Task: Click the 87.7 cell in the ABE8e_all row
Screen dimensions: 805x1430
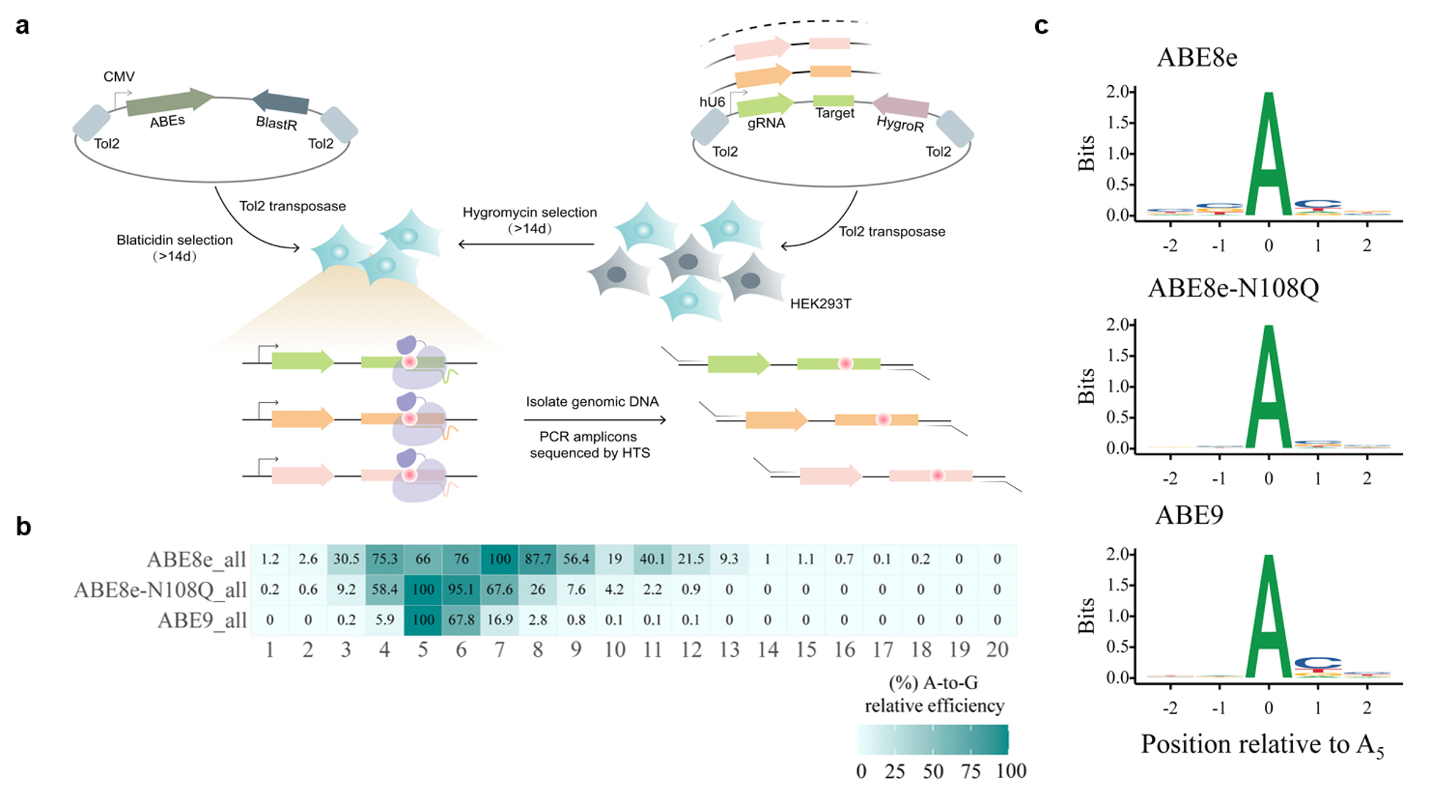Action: click(x=538, y=559)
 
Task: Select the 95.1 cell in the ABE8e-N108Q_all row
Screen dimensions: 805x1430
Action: click(x=461, y=590)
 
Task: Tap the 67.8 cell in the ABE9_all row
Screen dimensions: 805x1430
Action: click(x=461, y=620)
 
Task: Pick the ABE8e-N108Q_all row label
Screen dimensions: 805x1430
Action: click(x=160, y=590)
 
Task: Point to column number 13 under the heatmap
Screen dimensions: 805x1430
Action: click(x=729, y=650)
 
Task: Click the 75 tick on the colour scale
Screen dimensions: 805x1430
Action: click(x=970, y=771)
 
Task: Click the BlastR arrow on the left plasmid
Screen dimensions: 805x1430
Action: click(x=281, y=102)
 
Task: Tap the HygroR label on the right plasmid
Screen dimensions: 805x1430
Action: click(x=900, y=125)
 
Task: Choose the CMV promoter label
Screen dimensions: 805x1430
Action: click(x=119, y=77)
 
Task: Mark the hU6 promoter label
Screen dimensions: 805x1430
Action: click(x=712, y=102)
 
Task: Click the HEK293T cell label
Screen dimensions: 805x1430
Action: click(x=820, y=304)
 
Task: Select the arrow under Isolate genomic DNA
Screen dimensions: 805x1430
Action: click(x=595, y=420)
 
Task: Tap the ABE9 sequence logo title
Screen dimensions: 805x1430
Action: click(x=1189, y=515)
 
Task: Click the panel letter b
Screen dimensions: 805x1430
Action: click(x=24, y=527)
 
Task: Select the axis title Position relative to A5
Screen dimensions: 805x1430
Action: click(x=1262, y=745)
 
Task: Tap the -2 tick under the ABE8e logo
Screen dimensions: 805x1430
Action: click(x=1170, y=246)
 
